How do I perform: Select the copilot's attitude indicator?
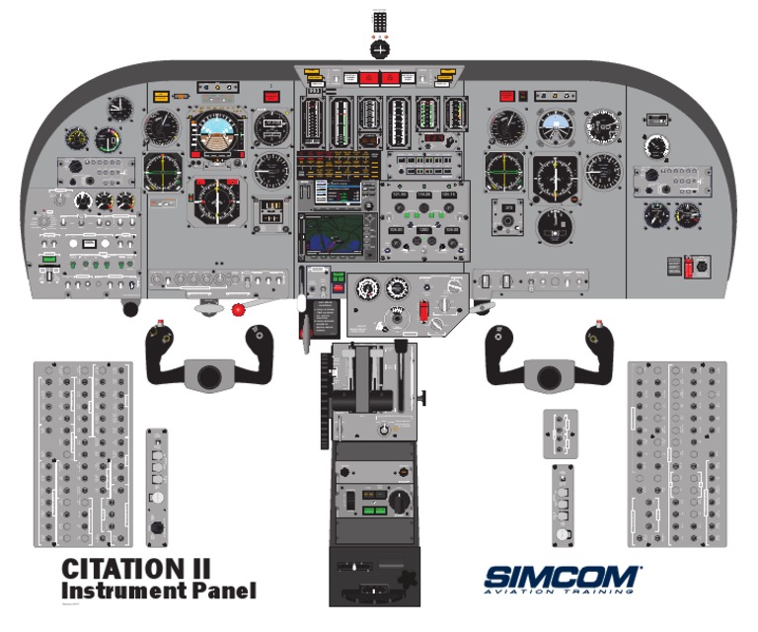point(556,126)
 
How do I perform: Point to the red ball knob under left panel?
point(238,309)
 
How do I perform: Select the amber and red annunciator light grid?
point(337,163)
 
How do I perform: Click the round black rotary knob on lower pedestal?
point(397,503)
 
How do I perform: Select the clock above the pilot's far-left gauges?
point(119,108)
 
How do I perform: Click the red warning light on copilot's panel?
point(506,97)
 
